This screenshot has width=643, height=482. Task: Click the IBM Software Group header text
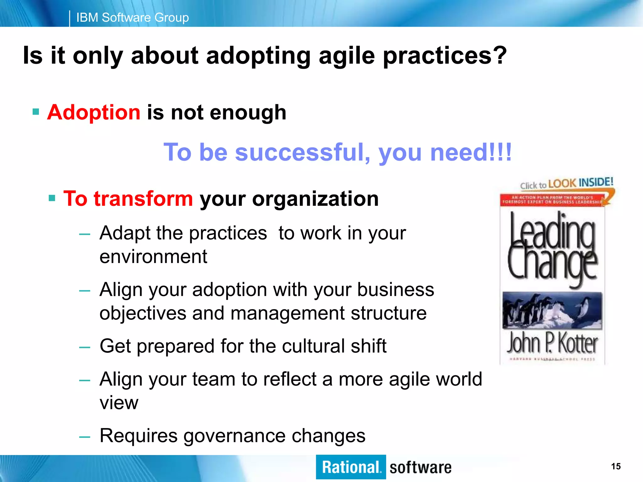[132, 18]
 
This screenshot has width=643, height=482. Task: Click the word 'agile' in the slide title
[347, 56]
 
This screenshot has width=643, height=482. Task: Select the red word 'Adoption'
[94, 112]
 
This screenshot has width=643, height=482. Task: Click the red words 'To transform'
[128, 199]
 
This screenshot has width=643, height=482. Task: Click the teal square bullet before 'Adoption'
[36, 112]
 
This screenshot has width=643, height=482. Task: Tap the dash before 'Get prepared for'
[85, 347]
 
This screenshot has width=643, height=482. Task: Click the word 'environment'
[153, 257]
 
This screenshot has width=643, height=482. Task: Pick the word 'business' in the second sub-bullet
[396, 289]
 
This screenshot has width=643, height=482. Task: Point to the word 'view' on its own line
[119, 403]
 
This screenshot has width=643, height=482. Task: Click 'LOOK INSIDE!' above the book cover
[580, 183]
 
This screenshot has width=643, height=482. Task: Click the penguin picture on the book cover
[552, 310]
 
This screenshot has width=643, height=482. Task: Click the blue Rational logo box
[351, 467]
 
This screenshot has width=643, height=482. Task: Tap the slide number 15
[616, 466]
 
